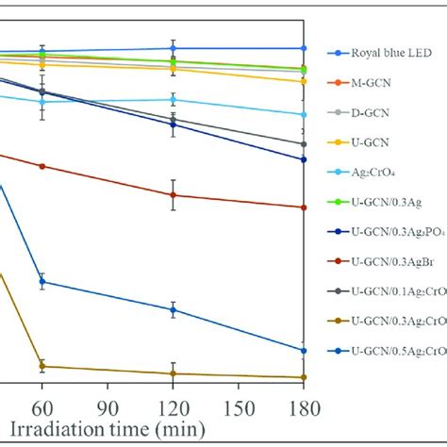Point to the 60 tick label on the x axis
[41, 399]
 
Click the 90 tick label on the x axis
[107, 399]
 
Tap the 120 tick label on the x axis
[172, 399]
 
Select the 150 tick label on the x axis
[237, 399]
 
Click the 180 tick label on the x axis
[302, 399]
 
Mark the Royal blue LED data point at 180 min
[303, 47]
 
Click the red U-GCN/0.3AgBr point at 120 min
[173, 195]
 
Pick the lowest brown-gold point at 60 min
[41, 366]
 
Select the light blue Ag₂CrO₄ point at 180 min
[303, 114]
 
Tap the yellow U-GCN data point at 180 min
[303, 81]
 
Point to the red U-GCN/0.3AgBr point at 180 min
[303, 207]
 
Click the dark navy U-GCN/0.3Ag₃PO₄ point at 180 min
[303, 159]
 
